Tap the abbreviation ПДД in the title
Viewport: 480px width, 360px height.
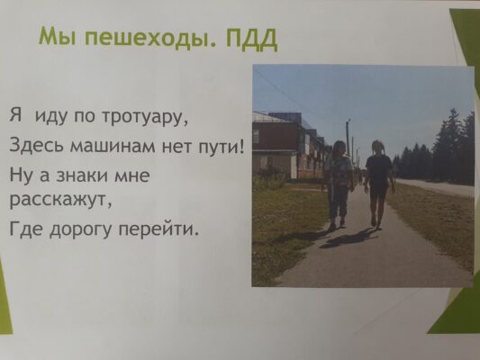pyautogui.click(x=250, y=39)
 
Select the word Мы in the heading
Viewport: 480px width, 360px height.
pyautogui.click(x=59, y=36)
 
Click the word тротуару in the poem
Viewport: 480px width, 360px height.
pyautogui.click(x=144, y=118)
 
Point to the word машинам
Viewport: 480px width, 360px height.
pyautogui.click(x=113, y=145)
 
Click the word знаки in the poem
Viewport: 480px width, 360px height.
pyautogui.click(x=83, y=175)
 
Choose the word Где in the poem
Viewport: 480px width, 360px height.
pyautogui.click(x=27, y=229)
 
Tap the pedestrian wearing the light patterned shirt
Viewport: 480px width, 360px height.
pyautogui.click(x=339, y=184)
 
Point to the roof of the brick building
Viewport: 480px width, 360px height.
pyautogui.click(x=274, y=117)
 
